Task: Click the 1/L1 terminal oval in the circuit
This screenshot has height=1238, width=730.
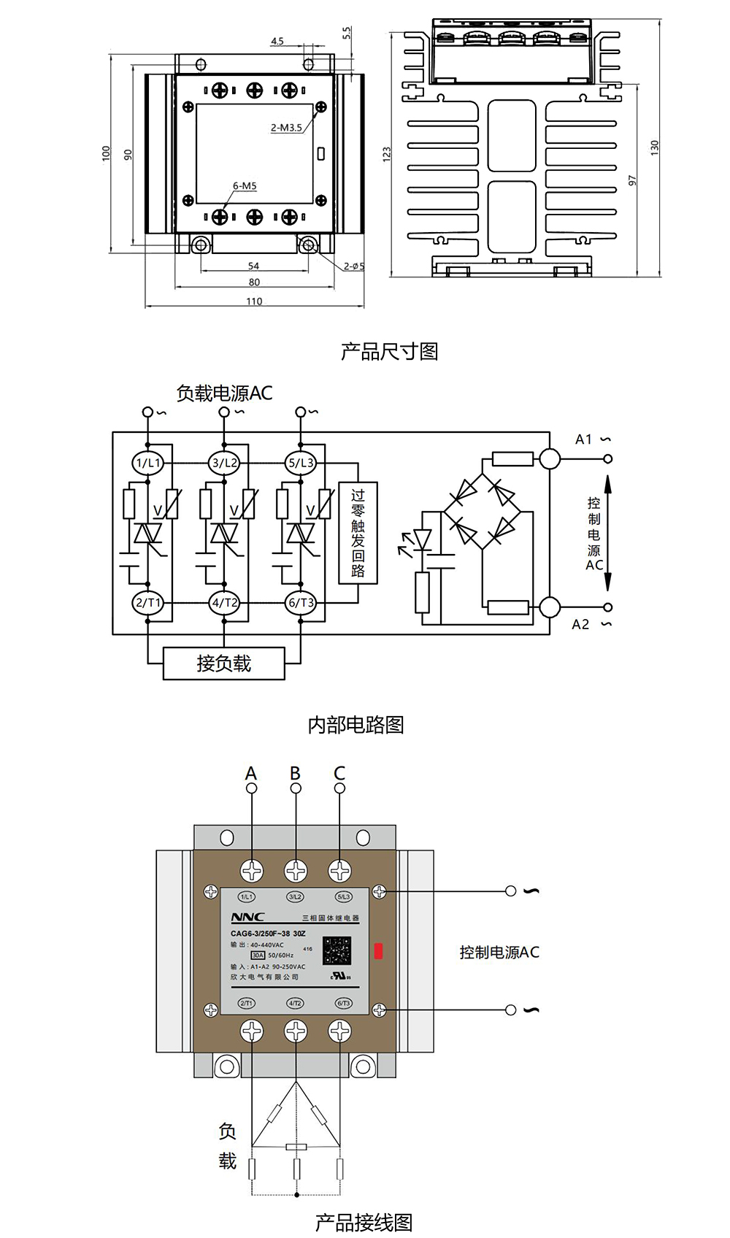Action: point(148,463)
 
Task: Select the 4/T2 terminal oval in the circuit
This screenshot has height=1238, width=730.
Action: point(224,603)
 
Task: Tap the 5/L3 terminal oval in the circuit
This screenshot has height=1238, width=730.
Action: point(301,463)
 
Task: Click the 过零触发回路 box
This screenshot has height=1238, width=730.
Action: point(358,533)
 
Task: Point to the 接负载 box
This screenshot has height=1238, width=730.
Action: point(223,664)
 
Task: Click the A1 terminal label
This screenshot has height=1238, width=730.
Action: point(583,439)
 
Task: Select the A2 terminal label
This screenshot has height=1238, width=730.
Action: point(580,625)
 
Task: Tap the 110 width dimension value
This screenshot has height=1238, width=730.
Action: point(254,301)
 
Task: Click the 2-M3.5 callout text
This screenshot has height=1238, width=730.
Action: point(286,128)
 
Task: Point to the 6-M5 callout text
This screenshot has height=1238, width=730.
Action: point(245,186)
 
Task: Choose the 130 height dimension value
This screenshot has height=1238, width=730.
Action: point(654,147)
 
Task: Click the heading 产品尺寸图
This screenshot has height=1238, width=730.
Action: point(389,352)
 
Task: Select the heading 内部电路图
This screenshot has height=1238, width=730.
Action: point(356,725)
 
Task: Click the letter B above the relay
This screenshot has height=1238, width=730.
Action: point(295,773)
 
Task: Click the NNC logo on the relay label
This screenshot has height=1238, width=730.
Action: point(247,918)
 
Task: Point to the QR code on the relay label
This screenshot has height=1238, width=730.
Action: point(337,950)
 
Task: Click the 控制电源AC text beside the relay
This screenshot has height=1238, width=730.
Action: point(499,953)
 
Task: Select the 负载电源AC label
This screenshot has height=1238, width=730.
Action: point(224,393)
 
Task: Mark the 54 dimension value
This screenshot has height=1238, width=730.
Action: point(253,266)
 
